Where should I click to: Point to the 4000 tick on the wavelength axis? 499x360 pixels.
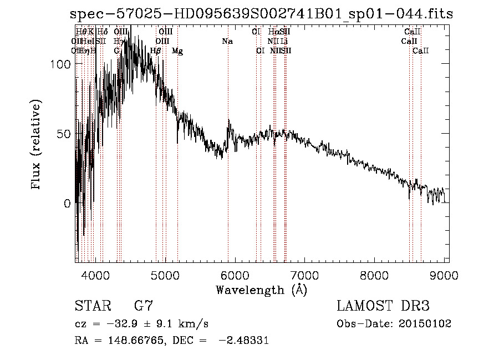[96, 273]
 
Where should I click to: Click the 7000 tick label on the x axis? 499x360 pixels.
[305, 273]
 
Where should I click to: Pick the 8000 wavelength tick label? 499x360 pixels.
[375, 273]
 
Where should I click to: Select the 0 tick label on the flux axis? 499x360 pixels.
[68, 204]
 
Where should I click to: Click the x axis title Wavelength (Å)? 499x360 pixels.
[261, 289]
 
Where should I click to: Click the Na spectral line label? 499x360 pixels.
[227, 41]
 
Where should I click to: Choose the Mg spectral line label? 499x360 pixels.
[177, 51]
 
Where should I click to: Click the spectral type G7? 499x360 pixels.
[143, 306]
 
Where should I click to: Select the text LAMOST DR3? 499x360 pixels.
[384, 306]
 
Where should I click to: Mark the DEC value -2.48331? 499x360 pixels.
[244, 341]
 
